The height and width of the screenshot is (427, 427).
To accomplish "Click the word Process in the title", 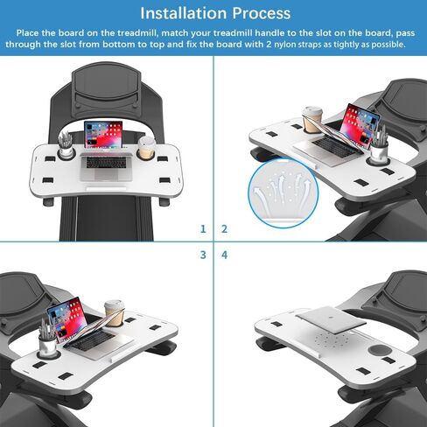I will point(261,14).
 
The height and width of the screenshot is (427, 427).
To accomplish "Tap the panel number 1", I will point(203,229).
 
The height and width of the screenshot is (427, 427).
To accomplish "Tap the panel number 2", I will point(224,229).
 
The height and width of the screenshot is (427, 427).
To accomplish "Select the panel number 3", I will point(203,255).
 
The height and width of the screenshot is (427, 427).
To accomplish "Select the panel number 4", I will point(224,255).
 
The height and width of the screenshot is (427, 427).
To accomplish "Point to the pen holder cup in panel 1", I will point(66,149).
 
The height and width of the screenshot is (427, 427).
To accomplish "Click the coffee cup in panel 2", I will point(314,122).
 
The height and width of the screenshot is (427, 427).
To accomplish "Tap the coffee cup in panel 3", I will point(111,313).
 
